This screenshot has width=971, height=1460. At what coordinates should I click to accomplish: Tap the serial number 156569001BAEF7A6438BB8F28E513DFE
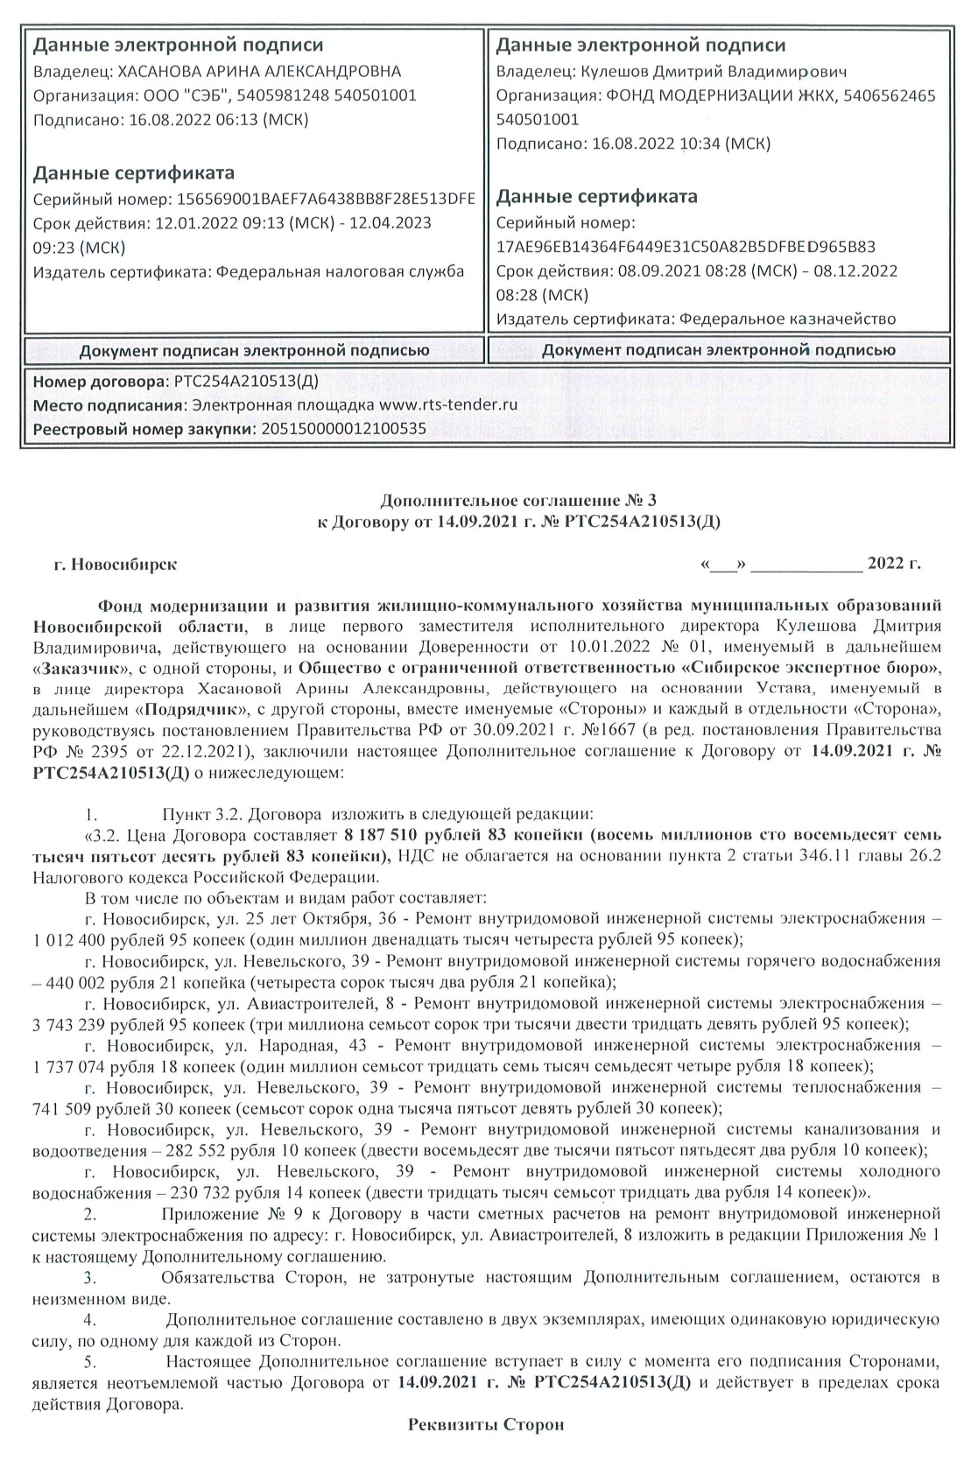point(326,199)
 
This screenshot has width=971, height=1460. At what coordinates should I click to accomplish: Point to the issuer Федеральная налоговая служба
point(341,271)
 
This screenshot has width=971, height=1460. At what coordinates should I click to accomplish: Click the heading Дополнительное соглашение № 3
point(517,500)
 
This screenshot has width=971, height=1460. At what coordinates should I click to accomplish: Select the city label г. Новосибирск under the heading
point(115,565)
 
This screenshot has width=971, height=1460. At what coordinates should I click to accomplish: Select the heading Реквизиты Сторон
point(486,1424)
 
